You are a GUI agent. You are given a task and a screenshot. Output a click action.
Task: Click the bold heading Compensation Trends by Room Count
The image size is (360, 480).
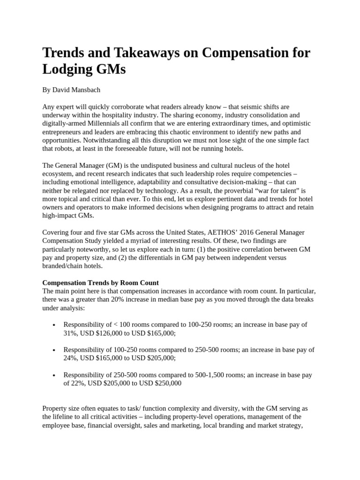tap(101, 283)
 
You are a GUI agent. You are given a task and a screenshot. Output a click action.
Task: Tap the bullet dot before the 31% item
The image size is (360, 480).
tap(55, 325)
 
